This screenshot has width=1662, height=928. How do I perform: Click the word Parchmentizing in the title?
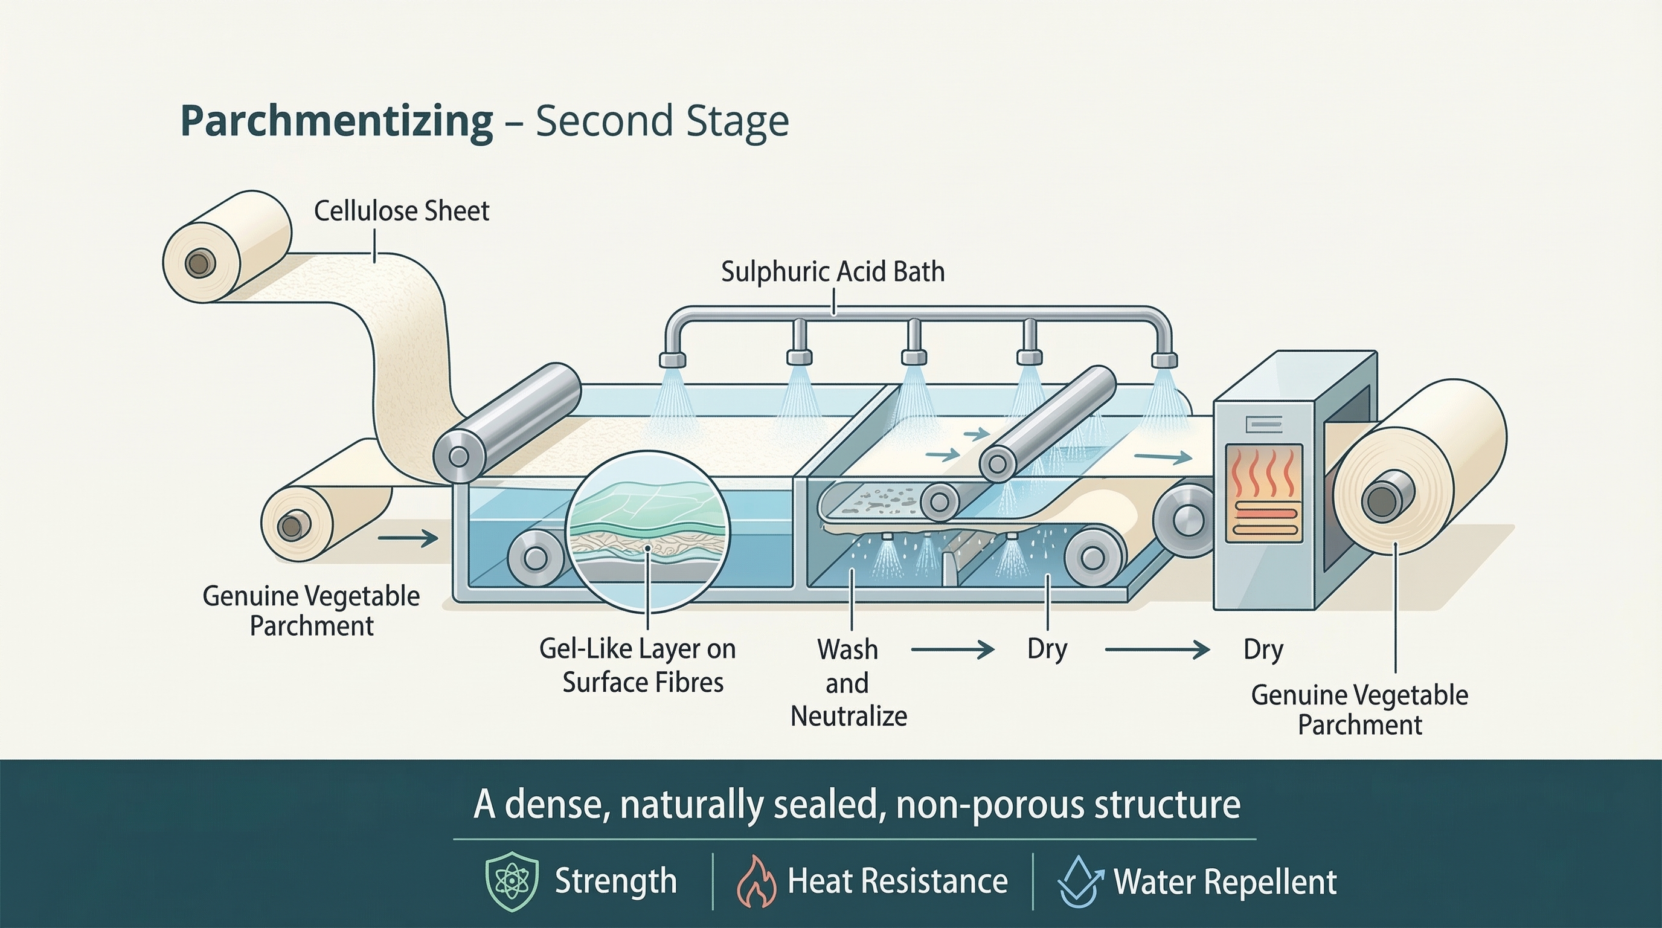tap(337, 121)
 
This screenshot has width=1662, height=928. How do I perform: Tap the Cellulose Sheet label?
tap(401, 211)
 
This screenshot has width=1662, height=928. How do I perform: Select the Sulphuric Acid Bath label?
tap(832, 272)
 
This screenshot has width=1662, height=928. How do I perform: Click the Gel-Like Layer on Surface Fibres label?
tap(638, 665)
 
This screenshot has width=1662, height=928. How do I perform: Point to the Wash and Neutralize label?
tap(849, 683)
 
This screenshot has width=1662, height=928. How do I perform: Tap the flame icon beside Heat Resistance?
tap(756, 882)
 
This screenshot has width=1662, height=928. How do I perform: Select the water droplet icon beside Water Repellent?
tap(1079, 882)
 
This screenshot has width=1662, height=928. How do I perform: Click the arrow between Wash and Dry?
tap(952, 650)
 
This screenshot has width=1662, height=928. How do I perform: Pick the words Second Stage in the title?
tap(662, 121)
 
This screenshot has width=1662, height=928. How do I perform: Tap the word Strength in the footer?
tap(615, 881)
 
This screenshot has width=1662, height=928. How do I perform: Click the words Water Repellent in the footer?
tap(1225, 882)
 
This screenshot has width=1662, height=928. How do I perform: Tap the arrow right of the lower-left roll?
tap(408, 537)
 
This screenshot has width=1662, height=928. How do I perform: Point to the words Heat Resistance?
tap(897, 881)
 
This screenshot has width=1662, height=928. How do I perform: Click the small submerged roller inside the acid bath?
tap(536, 558)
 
